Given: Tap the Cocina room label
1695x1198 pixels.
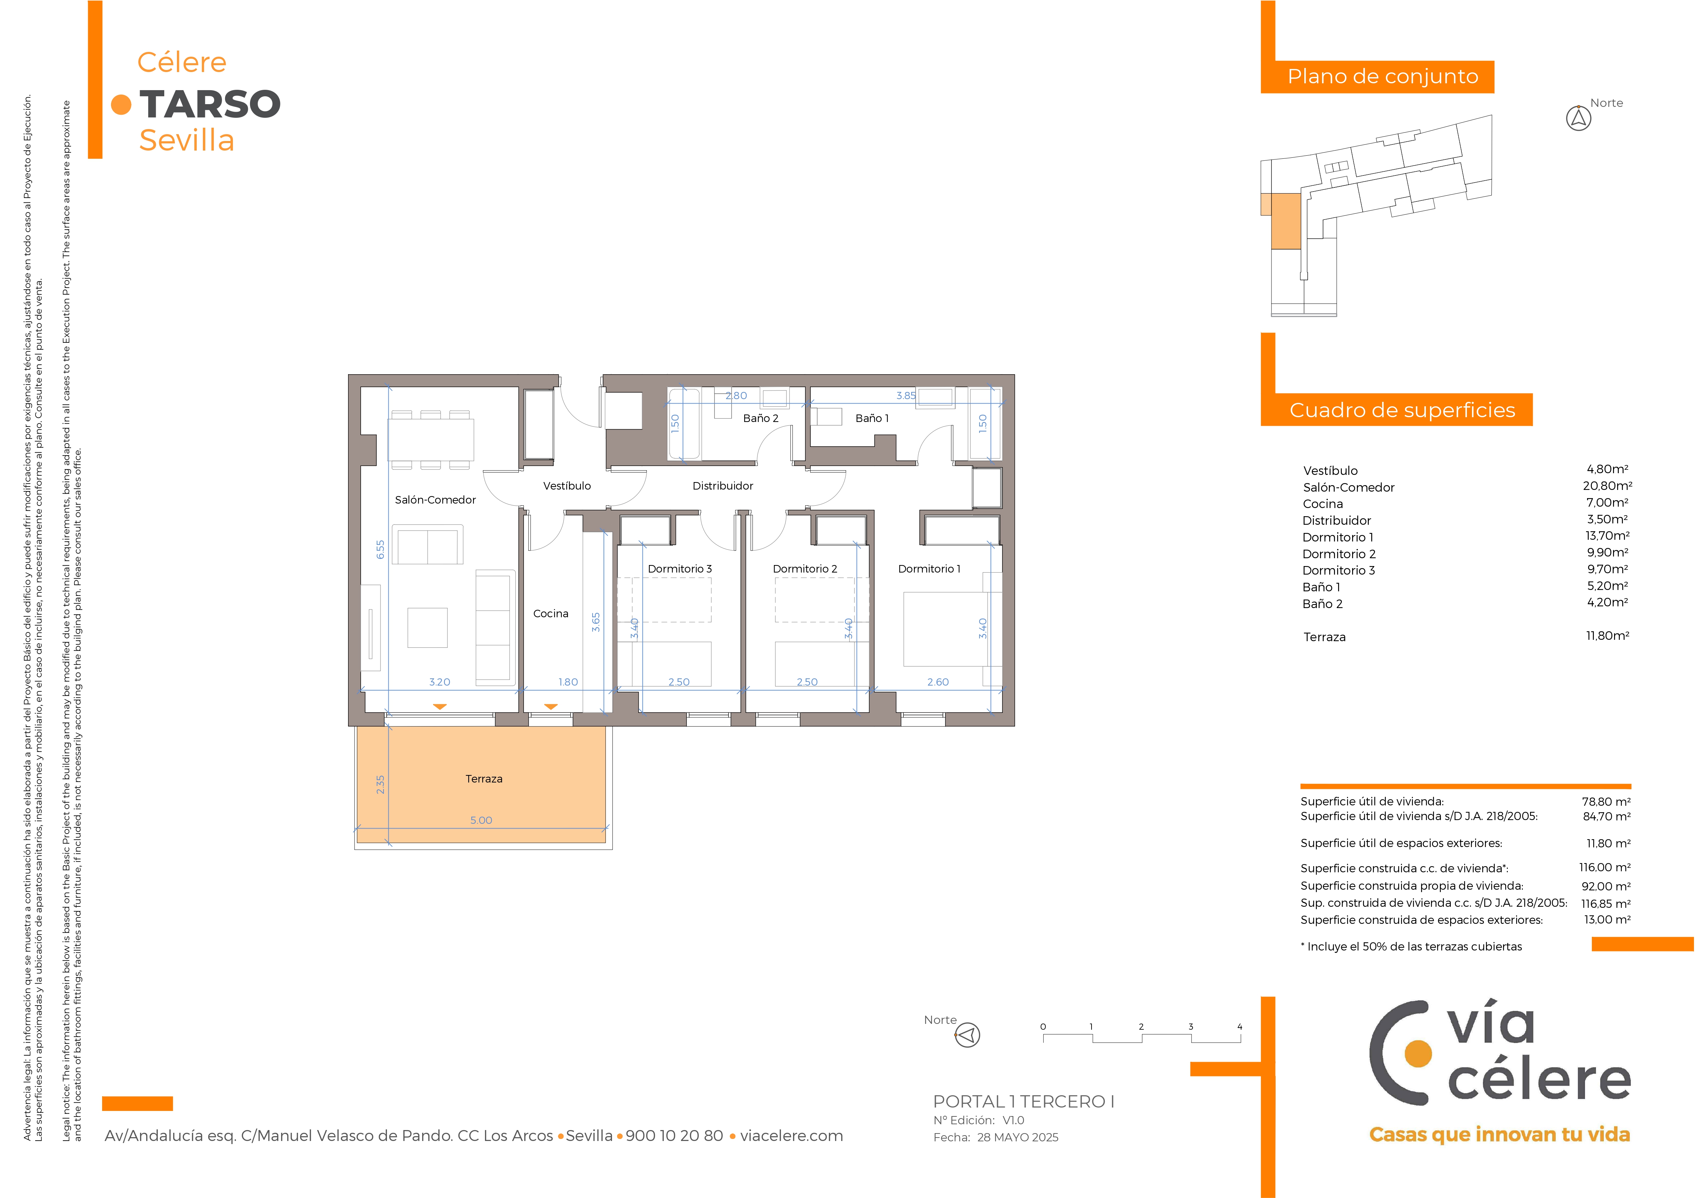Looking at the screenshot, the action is click(551, 614).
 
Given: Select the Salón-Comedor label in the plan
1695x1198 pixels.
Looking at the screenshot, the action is click(435, 500).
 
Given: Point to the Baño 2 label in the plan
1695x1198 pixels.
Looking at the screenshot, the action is click(760, 418).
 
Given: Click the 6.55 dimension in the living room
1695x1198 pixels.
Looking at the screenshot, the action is click(380, 549).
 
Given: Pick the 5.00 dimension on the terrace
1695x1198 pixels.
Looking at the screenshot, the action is click(481, 820).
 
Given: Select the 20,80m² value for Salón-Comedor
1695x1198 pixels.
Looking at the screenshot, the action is click(1607, 486).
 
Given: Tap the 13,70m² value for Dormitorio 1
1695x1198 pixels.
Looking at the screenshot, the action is click(1607, 536).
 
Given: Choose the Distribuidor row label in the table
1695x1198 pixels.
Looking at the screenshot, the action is click(1337, 520).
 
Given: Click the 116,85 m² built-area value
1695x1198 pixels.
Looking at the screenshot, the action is click(1606, 903).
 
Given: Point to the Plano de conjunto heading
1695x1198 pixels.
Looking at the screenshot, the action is click(1383, 77).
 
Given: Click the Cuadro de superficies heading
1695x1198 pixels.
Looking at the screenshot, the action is click(1402, 410).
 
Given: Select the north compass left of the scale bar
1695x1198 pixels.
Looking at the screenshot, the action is click(967, 1035).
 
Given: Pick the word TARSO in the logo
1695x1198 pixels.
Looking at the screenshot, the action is click(210, 104).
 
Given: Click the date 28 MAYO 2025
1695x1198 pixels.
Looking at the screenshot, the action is click(1018, 1138).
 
